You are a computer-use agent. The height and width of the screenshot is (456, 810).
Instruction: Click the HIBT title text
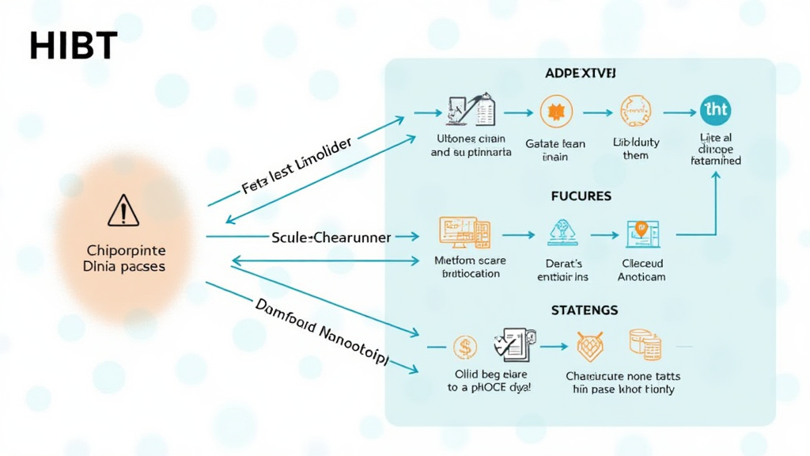(x=73, y=47)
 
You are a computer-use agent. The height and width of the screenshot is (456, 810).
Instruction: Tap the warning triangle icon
(x=123, y=212)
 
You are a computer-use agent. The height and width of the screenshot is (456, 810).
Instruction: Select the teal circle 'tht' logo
(x=715, y=112)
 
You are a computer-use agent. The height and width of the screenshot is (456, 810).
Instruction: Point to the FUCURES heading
(x=581, y=196)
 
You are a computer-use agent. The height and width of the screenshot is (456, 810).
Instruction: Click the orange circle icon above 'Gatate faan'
(x=555, y=112)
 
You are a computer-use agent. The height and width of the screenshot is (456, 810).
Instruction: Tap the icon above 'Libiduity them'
(x=635, y=112)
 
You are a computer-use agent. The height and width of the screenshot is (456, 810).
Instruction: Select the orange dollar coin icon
(x=465, y=347)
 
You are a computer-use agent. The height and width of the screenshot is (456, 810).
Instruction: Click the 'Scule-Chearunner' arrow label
(x=331, y=237)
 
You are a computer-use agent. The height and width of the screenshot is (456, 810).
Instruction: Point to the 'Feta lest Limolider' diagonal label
(x=296, y=168)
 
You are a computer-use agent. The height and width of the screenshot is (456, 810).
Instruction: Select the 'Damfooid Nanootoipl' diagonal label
(x=321, y=332)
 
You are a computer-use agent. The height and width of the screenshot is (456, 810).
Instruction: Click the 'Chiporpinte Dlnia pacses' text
(x=124, y=259)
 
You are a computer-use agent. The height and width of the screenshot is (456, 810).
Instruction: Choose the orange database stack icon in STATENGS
(x=645, y=345)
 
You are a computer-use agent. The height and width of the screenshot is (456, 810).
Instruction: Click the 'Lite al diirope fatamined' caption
(x=715, y=149)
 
